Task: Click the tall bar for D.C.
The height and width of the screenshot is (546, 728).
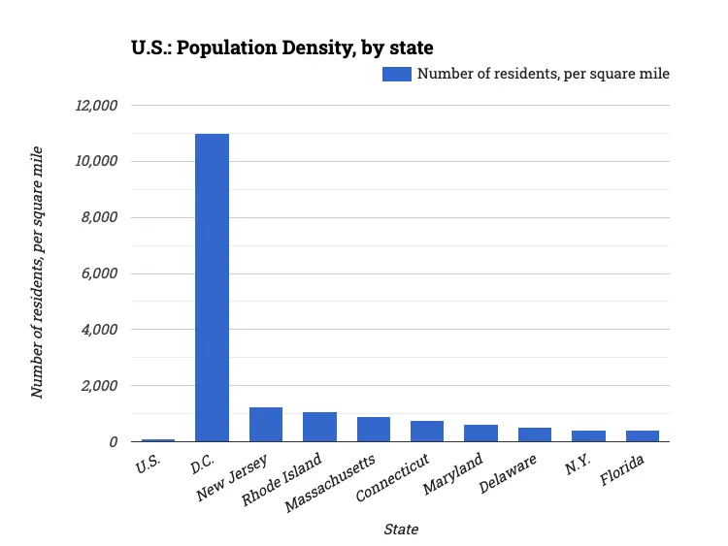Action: [x=212, y=287]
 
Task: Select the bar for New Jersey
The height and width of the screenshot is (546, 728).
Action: [x=266, y=425]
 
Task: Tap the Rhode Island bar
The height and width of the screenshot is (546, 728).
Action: [x=319, y=427]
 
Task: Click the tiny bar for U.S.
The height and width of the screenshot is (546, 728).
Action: [x=158, y=440]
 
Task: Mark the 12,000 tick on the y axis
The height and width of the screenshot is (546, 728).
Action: [x=96, y=105]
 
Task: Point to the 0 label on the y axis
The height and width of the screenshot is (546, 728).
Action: [x=113, y=442]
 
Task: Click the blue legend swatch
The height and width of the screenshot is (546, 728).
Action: [x=397, y=74]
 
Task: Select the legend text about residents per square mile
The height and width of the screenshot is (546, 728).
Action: [x=544, y=74]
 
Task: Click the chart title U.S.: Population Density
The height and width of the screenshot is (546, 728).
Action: [x=281, y=47]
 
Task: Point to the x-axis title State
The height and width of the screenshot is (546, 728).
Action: [x=401, y=530]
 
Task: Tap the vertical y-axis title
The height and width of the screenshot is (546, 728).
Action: [x=38, y=272]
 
